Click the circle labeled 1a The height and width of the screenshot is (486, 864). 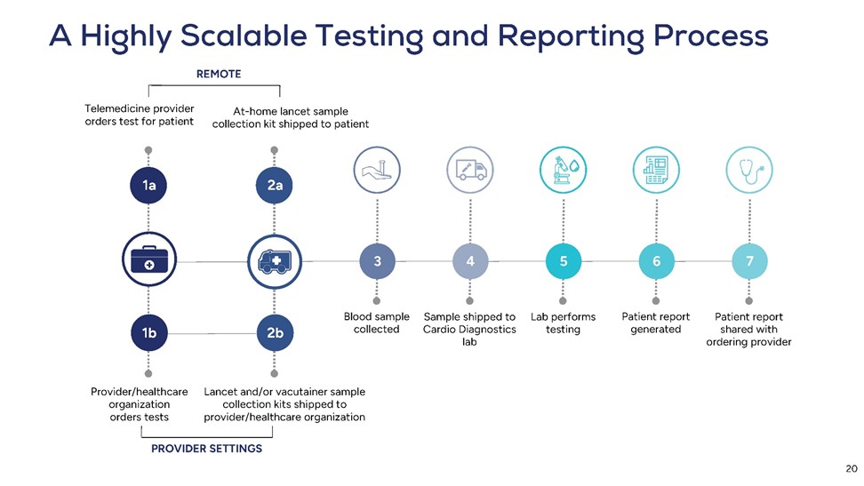click(x=149, y=186)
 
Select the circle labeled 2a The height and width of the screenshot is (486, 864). click(x=275, y=186)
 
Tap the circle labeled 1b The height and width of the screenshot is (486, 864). click(x=149, y=333)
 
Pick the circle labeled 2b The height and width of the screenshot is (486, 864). click(x=275, y=333)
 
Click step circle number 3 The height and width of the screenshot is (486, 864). click(x=378, y=261)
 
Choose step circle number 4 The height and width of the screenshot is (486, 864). click(x=470, y=261)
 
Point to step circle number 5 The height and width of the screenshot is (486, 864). click(x=564, y=261)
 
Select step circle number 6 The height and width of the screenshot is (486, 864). click(x=656, y=261)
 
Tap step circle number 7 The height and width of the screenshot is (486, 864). click(x=750, y=261)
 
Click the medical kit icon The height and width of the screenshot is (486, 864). click(x=149, y=260)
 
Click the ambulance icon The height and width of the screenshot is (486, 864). click(x=275, y=260)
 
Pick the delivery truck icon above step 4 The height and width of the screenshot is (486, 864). click(x=470, y=169)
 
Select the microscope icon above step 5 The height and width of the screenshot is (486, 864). click(x=564, y=169)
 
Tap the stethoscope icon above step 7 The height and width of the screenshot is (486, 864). click(x=750, y=169)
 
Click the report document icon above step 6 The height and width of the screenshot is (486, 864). click(x=656, y=169)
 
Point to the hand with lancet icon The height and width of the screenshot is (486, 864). click(x=378, y=169)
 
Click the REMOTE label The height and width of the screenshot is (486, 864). click(x=218, y=74)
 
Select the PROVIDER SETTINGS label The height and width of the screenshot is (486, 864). click(x=206, y=449)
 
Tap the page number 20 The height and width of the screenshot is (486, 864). click(x=851, y=469)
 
